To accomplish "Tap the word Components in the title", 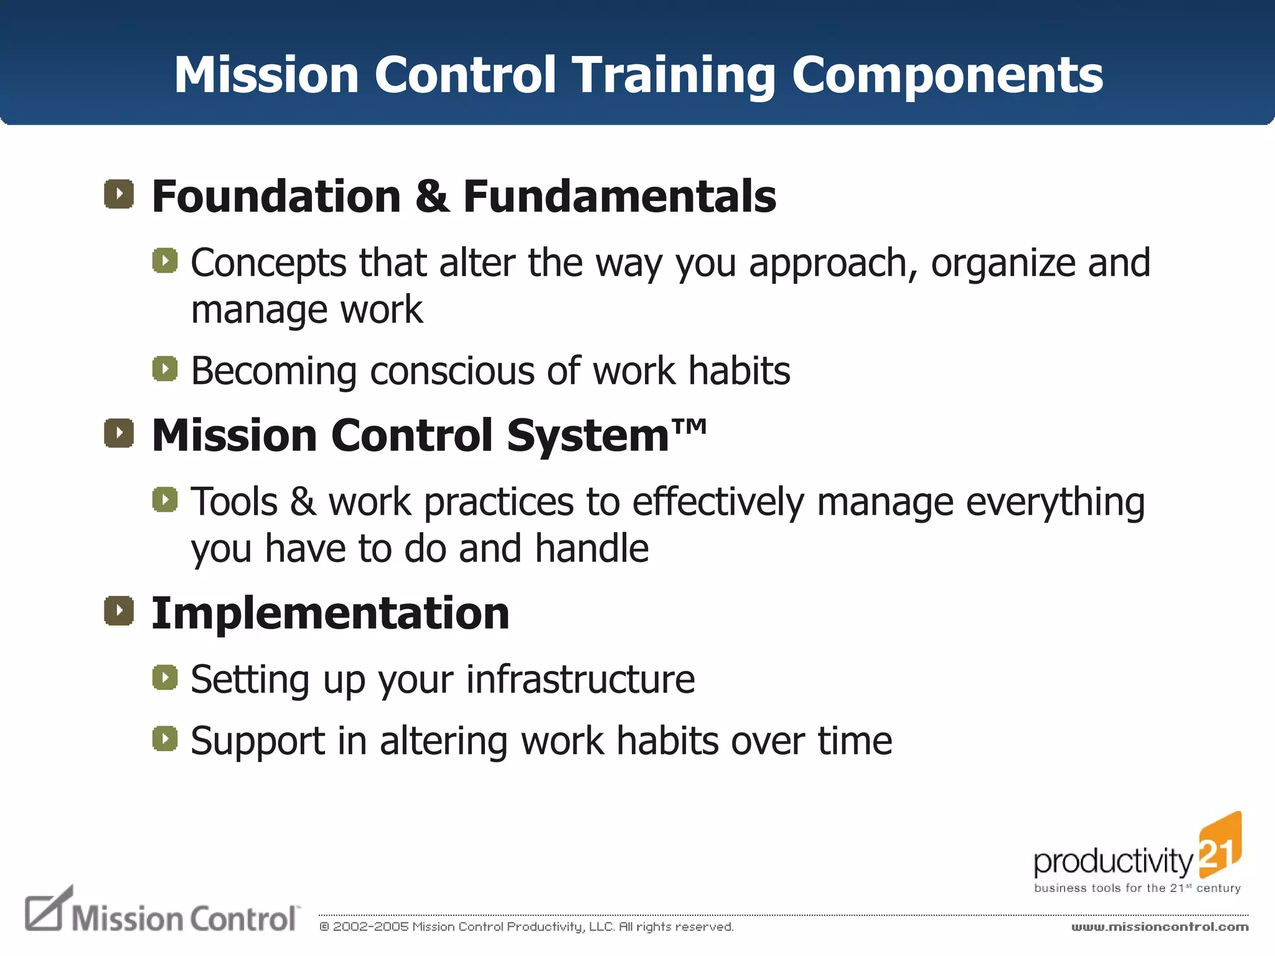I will [947, 75].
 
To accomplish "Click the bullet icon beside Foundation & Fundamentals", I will [119, 194].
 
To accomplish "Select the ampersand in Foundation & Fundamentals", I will [431, 196].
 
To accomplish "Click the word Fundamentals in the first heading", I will [619, 196].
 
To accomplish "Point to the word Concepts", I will [268, 264].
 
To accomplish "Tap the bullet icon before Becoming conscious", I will [165, 368].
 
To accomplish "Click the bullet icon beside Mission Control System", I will [119, 433].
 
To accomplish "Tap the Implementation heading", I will [331, 613].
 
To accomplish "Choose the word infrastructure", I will [580, 679].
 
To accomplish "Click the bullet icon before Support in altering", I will [165, 739].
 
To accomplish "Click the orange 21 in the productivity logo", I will [1219, 848].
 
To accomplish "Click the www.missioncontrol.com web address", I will [1159, 927].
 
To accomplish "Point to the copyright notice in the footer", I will [526, 927].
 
